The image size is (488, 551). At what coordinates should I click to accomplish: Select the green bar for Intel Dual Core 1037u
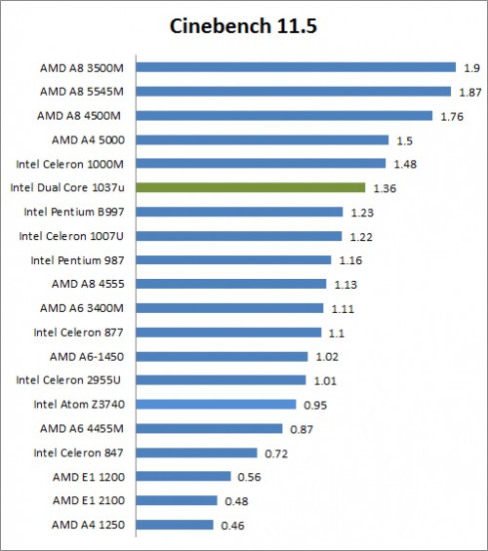(251, 187)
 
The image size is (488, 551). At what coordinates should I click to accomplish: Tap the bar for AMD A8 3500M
(296, 67)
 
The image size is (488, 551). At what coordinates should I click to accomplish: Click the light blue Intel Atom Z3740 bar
(216, 404)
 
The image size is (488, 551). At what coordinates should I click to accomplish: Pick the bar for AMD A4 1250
(175, 525)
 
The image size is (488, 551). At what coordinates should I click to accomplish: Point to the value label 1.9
(470, 67)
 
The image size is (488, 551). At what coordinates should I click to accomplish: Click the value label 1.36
(384, 187)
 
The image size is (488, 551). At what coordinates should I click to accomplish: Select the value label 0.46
(231, 525)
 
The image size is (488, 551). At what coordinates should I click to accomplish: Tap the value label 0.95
(313, 404)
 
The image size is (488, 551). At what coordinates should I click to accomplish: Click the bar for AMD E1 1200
(183, 476)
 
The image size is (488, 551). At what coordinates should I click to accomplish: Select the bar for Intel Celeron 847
(197, 453)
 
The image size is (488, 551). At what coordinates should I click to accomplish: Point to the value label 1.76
(451, 115)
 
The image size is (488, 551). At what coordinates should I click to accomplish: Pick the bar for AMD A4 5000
(263, 139)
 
